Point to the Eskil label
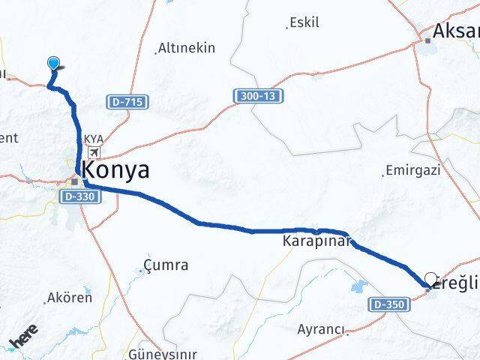[305, 22]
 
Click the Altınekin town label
[186, 48]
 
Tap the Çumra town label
[164, 265]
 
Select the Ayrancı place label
[321, 329]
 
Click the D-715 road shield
[128, 101]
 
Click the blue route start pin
[54, 64]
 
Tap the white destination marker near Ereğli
[430, 279]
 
